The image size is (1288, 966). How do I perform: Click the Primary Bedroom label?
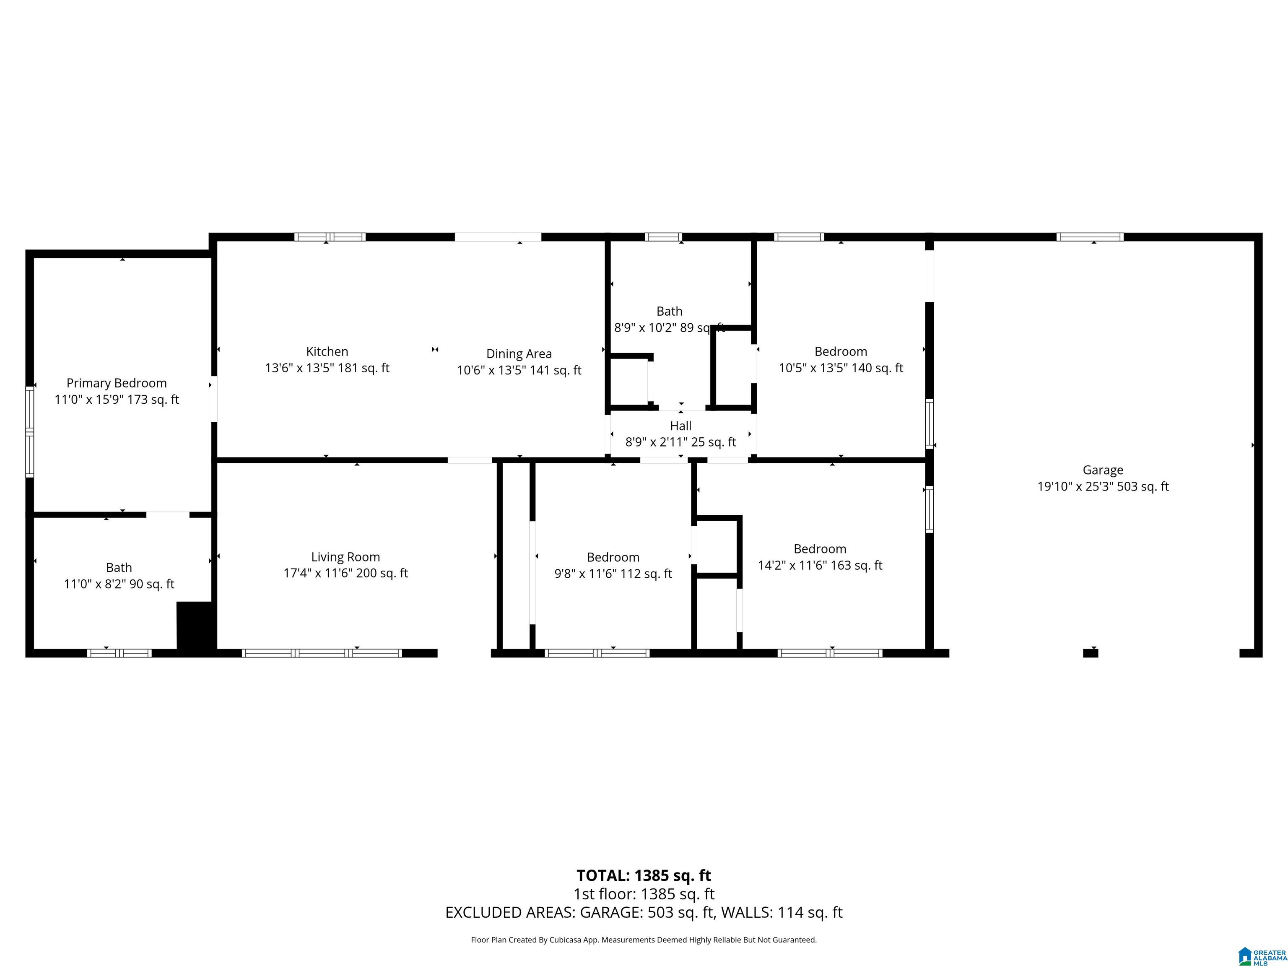[x=117, y=383]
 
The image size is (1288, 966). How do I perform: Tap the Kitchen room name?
[x=327, y=352]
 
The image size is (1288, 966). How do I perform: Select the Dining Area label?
[x=519, y=354]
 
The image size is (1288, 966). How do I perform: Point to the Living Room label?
[x=345, y=557]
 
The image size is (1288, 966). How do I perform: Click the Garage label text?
[x=1103, y=470]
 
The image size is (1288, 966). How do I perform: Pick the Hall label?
[x=680, y=426]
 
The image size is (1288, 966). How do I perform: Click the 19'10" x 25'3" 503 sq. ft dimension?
[x=1103, y=487]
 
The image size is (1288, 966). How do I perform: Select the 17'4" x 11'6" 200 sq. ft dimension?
[x=345, y=574]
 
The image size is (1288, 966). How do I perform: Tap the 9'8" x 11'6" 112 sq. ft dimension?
[x=613, y=574]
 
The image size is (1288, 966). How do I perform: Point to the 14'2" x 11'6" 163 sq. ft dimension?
[x=820, y=566]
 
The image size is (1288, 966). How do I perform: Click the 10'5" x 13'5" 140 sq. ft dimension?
[x=841, y=368]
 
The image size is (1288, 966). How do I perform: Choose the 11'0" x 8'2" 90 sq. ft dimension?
[x=119, y=584]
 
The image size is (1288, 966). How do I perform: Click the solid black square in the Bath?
[x=196, y=626]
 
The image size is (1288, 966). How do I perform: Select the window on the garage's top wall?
[x=1090, y=237]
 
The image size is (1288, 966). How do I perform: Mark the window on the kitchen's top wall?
[x=330, y=237]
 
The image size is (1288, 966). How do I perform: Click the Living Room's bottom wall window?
[x=322, y=653]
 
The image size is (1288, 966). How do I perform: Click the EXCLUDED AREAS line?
[x=644, y=912]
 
